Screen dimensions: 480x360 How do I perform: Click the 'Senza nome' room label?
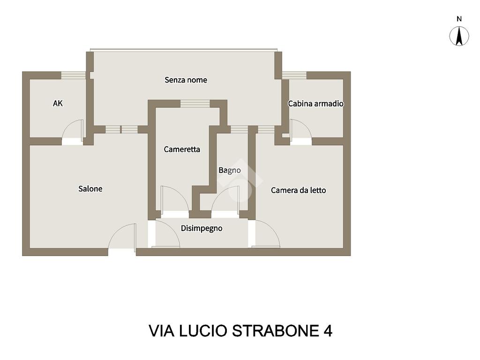186,80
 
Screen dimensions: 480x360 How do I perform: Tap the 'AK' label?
58,104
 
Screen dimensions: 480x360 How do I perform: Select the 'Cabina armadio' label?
315,104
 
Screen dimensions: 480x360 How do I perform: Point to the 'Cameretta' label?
182,150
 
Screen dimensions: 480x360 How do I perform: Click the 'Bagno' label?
230,171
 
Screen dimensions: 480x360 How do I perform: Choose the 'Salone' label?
90,188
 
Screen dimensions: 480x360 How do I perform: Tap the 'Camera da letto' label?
299,190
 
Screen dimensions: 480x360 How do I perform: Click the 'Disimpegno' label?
202,228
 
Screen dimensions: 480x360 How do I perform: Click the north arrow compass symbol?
459,36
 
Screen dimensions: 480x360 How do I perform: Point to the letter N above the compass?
459,19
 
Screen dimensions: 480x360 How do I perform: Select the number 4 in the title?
328,331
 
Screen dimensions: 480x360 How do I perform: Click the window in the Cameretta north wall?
195,104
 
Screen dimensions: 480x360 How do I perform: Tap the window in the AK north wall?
74,75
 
